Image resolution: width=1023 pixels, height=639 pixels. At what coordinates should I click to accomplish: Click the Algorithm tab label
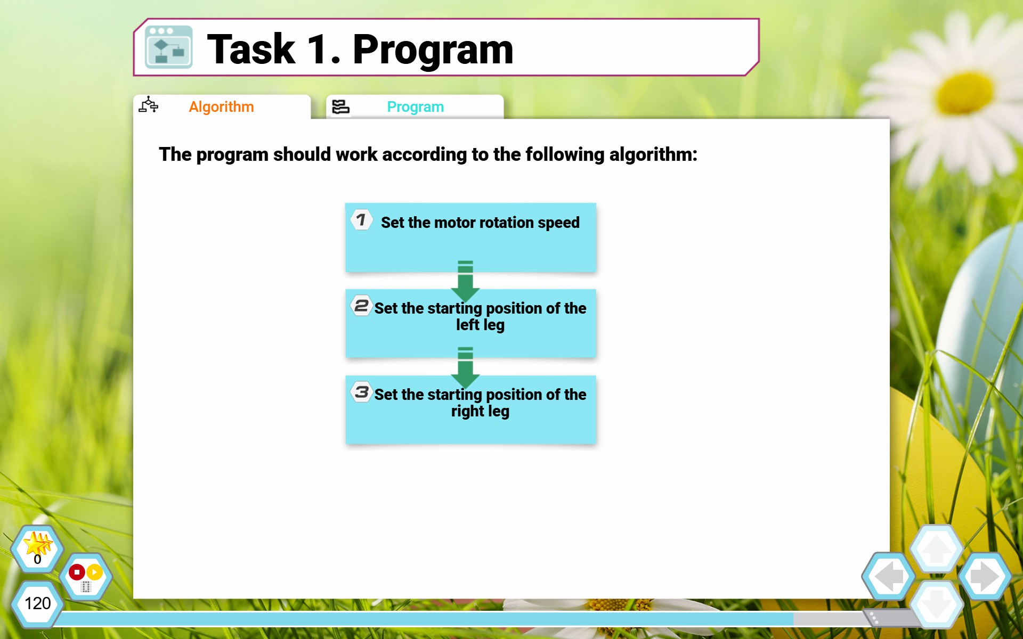pyautogui.click(x=221, y=107)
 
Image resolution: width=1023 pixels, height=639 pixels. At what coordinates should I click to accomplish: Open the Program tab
pyautogui.click(x=415, y=107)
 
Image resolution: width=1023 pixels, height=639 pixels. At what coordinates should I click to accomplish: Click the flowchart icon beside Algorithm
pyautogui.click(x=149, y=105)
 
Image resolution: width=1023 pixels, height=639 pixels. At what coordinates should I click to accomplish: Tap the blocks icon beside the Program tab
pyautogui.click(x=340, y=106)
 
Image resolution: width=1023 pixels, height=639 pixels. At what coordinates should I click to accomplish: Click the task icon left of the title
pyautogui.click(x=168, y=47)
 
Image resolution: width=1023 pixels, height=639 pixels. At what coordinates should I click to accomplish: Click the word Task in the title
pyautogui.click(x=251, y=49)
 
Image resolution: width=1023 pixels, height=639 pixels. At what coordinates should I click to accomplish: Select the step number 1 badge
pyautogui.click(x=361, y=219)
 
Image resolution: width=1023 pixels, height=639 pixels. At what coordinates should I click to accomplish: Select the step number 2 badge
pyautogui.click(x=361, y=306)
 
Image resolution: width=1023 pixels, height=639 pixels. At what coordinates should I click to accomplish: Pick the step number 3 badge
pyautogui.click(x=361, y=392)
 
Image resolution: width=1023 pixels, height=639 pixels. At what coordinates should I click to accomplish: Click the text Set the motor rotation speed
pyautogui.click(x=480, y=223)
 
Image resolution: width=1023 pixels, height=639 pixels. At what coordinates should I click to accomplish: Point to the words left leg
pyautogui.click(x=480, y=325)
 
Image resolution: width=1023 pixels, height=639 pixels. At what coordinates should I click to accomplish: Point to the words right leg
pyautogui.click(x=480, y=411)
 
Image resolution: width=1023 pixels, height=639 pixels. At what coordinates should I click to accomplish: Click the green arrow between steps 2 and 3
pyautogui.click(x=465, y=367)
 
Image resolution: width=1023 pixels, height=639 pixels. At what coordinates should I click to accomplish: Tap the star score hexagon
pyautogui.click(x=37, y=548)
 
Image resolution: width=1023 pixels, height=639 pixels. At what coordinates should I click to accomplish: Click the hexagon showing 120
pyautogui.click(x=37, y=604)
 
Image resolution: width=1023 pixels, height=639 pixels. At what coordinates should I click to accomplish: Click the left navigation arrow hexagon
pyautogui.click(x=889, y=576)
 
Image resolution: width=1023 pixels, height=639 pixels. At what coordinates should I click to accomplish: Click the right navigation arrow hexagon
pyautogui.click(x=985, y=576)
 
